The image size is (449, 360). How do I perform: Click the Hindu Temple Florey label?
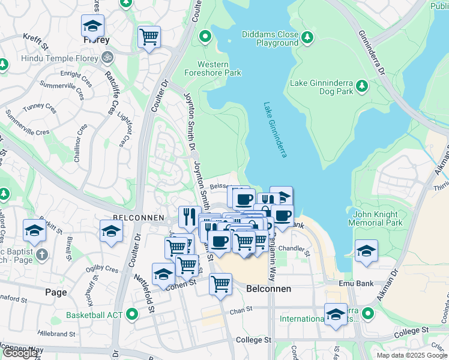tap(60, 58)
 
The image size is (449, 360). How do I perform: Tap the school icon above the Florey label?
tap(92, 26)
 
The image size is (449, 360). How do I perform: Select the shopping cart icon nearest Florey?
tap(149, 37)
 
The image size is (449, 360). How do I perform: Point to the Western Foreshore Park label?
tap(220, 68)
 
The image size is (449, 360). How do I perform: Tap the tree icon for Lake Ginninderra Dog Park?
tap(362, 86)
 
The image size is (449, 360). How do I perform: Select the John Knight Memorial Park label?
tap(378, 218)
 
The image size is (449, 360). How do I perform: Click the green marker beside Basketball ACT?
tap(130, 314)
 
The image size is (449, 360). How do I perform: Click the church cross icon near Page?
tap(41, 254)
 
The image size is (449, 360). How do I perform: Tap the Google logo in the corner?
tap(20, 353)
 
